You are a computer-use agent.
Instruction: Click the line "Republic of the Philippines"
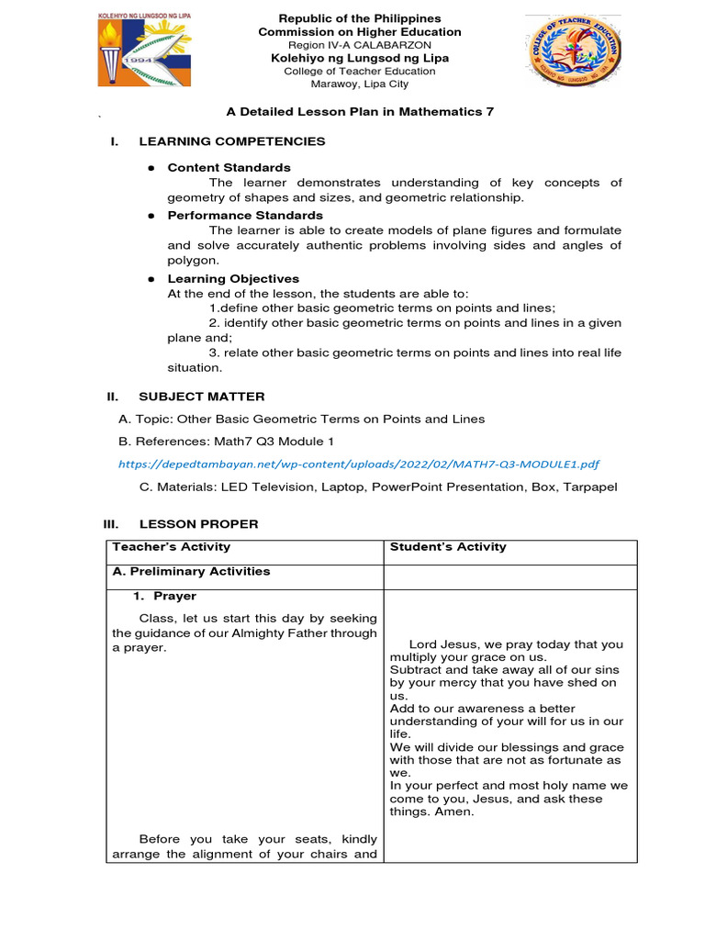point(360,18)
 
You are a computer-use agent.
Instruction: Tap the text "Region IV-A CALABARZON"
point(360,45)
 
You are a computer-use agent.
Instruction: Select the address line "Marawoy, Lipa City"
point(360,84)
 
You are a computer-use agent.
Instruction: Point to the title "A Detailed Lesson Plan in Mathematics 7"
point(360,111)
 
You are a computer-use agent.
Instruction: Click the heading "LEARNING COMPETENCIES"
point(231,141)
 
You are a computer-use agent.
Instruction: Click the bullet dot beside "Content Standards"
point(150,168)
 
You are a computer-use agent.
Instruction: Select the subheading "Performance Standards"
point(245,216)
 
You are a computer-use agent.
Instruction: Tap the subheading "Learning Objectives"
point(233,278)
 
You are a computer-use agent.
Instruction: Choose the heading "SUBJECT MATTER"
point(201,397)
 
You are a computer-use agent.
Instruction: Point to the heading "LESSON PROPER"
point(198,524)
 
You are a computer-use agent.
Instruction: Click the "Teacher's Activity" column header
point(171,547)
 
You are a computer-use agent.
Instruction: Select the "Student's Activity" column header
point(448,547)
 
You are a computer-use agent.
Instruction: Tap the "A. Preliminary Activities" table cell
point(191,571)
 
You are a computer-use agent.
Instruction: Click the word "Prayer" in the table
point(174,597)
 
